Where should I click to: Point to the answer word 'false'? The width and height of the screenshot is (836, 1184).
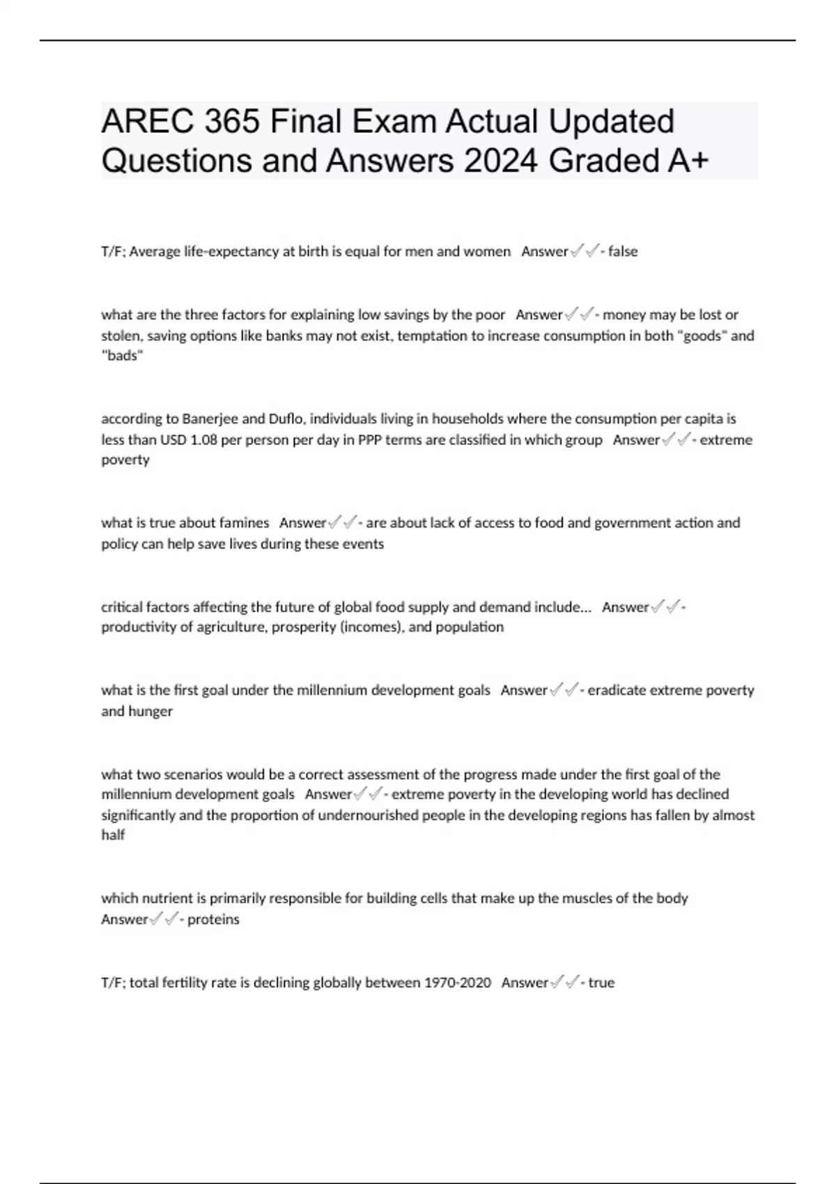623,251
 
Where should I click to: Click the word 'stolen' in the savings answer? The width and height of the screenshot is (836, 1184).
121,336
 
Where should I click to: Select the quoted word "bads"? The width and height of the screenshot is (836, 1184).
122,356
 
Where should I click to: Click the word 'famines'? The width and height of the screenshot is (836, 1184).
244,523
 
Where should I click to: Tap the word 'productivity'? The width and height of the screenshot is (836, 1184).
139,628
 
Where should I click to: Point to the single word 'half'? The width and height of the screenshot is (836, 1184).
113,835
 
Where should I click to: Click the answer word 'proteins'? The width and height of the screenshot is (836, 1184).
213,919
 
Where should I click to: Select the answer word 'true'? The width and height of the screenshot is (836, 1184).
601,983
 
